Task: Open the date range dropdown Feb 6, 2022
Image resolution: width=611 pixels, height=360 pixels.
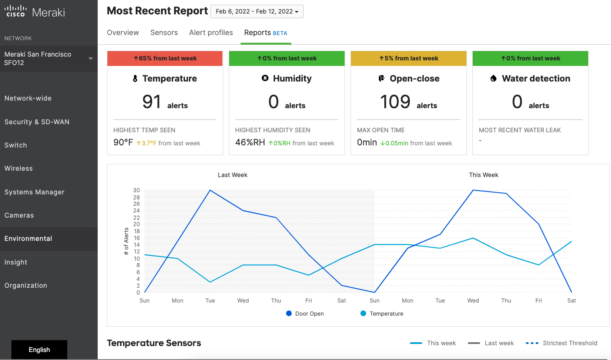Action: click(257, 11)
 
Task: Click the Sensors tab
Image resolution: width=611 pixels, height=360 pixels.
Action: click(164, 33)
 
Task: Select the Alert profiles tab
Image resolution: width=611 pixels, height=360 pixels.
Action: click(211, 33)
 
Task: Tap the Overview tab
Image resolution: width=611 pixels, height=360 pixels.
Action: click(123, 33)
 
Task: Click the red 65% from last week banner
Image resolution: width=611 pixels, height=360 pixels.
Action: click(165, 58)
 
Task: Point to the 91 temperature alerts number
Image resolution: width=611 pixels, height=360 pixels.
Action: click(151, 102)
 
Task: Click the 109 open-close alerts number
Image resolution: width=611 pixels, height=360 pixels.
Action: click(395, 102)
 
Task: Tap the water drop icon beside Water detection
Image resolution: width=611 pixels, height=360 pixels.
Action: click(493, 79)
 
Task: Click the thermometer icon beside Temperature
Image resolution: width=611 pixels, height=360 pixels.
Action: click(135, 79)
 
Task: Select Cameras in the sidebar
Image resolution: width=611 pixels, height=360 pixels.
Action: click(19, 215)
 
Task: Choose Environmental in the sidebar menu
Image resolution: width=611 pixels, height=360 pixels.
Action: click(28, 239)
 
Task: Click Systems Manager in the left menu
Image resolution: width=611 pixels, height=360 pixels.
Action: click(34, 192)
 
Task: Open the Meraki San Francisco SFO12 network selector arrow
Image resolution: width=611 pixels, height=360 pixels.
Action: click(90, 58)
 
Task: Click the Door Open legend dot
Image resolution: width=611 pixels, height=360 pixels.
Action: click(289, 314)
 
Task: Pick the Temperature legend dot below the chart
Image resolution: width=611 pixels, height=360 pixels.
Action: click(363, 314)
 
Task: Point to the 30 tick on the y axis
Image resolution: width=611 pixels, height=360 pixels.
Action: click(136, 190)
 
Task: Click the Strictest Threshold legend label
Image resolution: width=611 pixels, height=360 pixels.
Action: click(570, 343)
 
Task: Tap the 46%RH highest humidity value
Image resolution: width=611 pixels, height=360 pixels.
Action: click(250, 142)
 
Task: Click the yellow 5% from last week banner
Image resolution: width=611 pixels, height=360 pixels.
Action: click(408, 58)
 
